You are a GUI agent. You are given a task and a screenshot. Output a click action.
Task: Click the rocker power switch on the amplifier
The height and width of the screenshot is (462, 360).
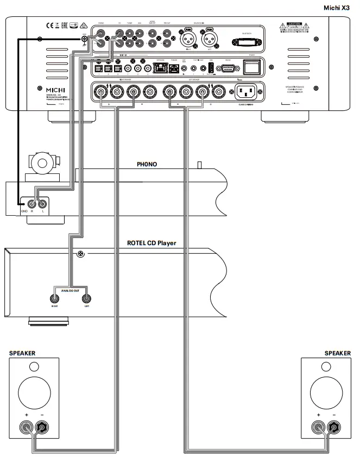[251, 67]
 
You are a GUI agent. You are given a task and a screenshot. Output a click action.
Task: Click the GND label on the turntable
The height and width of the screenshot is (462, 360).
[24, 212]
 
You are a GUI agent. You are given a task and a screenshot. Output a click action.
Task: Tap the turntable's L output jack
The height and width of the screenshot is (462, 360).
[43, 204]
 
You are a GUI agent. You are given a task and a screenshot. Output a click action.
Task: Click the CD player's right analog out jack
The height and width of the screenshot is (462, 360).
[54, 298]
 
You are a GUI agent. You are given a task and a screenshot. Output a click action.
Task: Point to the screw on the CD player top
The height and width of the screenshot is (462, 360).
[80, 253]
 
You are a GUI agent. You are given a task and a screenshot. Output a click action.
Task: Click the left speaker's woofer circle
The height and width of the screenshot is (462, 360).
[33, 392]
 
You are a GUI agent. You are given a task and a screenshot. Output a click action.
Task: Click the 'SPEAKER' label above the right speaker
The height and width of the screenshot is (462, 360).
[337, 353]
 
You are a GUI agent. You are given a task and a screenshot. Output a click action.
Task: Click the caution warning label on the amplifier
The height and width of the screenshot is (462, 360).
[293, 27]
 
